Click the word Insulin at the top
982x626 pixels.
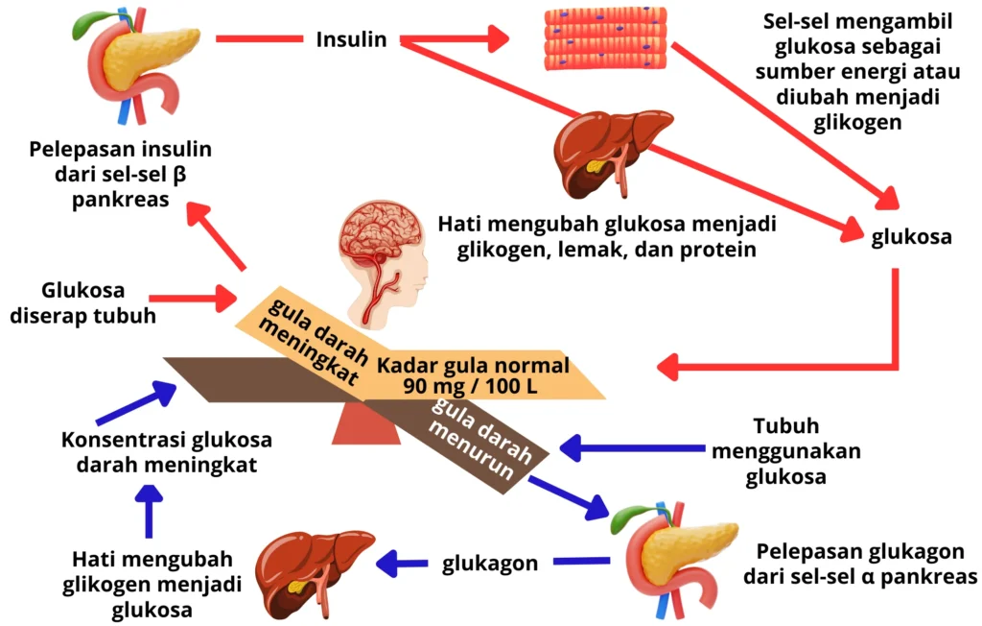(351, 39)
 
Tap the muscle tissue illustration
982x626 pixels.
(605, 38)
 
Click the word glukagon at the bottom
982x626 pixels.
(490, 564)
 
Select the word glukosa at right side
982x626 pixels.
(911, 236)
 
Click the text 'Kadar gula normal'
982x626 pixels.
(473, 366)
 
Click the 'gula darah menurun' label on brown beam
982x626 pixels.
(469, 437)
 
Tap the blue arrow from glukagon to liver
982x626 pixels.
(403, 564)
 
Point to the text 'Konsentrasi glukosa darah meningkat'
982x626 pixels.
(166, 452)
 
